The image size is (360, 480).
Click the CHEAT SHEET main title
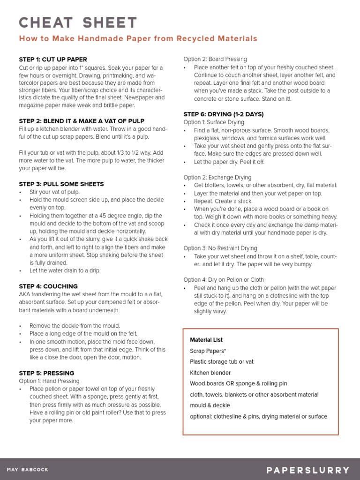click(x=78, y=22)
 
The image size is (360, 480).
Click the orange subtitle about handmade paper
click(x=138, y=38)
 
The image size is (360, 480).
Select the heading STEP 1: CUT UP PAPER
click(x=53, y=60)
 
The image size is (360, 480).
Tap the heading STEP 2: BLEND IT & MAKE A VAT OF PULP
click(x=82, y=121)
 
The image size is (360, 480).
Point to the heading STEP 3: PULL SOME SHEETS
click(x=61, y=184)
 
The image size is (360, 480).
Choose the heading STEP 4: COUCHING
click(x=48, y=286)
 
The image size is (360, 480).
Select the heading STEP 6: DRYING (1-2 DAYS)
click(x=224, y=114)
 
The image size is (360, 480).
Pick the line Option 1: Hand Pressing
click(x=49, y=381)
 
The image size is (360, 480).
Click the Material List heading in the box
click(x=206, y=340)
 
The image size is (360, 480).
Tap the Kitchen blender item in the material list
click(x=210, y=373)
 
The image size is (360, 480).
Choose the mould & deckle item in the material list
click(x=210, y=405)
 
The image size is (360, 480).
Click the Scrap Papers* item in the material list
click(x=208, y=351)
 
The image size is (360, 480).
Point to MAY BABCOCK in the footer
click(x=28, y=470)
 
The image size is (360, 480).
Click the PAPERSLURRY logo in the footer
click(x=308, y=470)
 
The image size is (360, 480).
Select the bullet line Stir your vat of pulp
click(x=54, y=192)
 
